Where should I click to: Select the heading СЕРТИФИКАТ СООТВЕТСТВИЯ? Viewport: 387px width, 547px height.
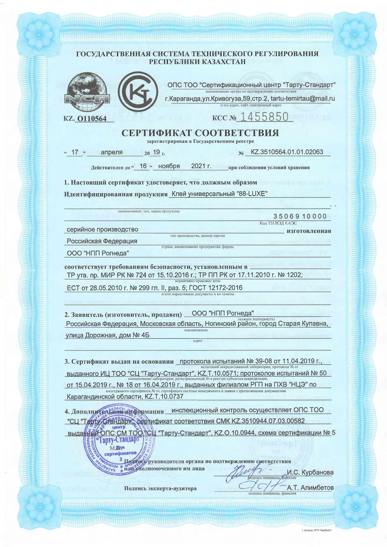tap(200, 134)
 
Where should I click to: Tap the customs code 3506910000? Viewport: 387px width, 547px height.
tap(300, 216)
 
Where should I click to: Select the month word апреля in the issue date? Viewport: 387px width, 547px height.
tap(112, 152)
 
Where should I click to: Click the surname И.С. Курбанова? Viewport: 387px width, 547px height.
tap(310, 472)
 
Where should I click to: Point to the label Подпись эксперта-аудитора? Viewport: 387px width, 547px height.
tap(160, 488)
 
